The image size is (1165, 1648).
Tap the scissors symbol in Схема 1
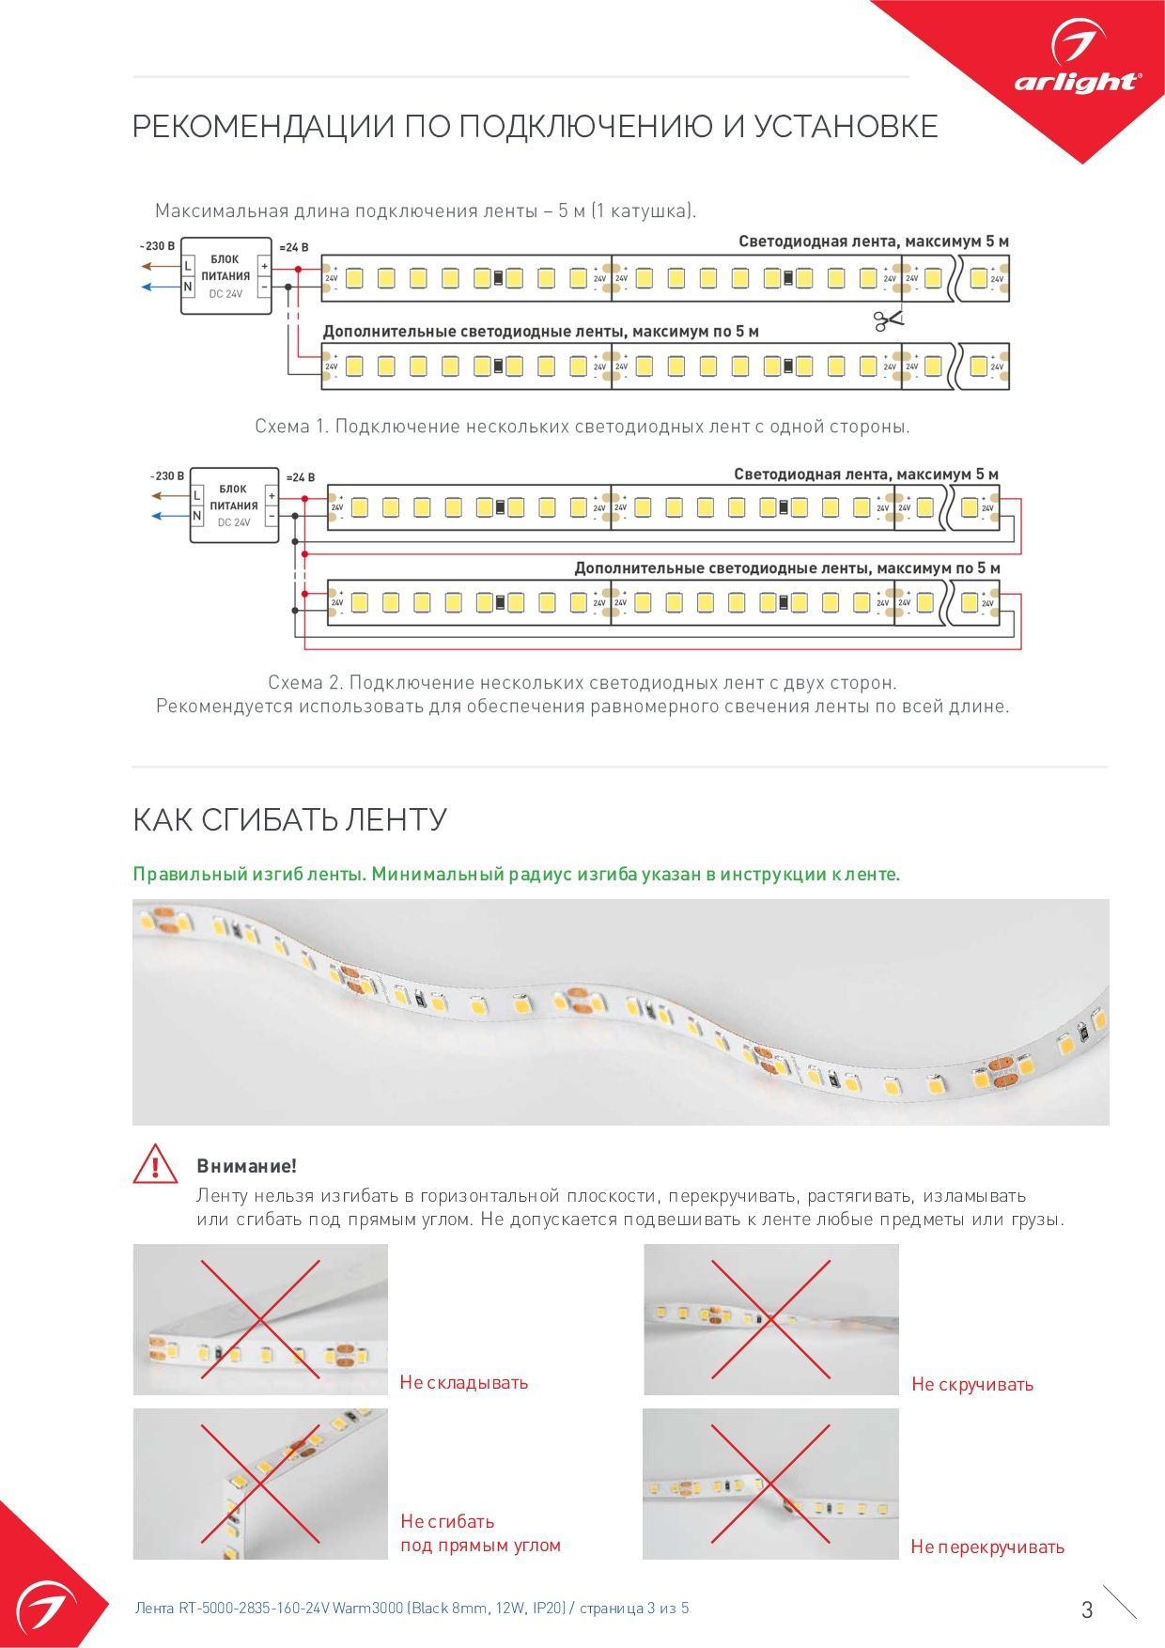click(x=887, y=320)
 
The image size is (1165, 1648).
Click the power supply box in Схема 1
click(x=225, y=275)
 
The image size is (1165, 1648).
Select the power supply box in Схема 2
click(x=234, y=505)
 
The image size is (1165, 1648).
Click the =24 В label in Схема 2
click(x=300, y=477)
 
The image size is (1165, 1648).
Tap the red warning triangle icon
click(x=155, y=1164)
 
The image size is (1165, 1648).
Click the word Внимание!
click(x=246, y=1166)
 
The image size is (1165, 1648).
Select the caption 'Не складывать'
click(x=464, y=1382)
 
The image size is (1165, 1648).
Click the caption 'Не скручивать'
click(x=972, y=1384)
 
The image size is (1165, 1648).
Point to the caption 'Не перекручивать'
click(x=987, y=1547)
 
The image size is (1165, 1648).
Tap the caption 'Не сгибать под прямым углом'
click(x=480, y=1532)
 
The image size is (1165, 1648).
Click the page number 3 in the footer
click(x=1087, y=1609)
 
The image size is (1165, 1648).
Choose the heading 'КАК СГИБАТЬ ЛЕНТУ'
click(x=289, y=819)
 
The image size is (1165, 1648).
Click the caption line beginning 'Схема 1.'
click(x=582, y=427)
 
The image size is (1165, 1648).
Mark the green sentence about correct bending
click(x=517, y=874)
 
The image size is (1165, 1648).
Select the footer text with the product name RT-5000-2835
click(x=412, y=1608)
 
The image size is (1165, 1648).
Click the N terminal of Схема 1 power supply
click(x=188, y=287)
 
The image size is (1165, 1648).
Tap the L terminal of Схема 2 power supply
click(x=197, y=495)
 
